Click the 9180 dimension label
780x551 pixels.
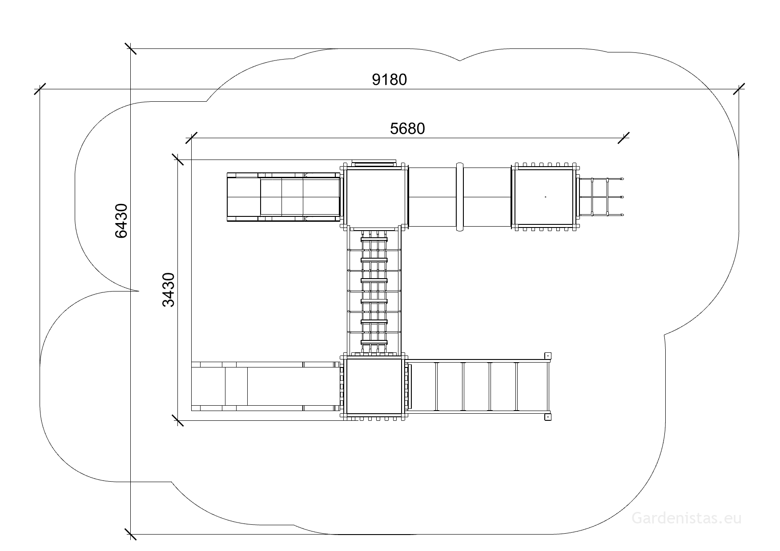pyautogui.click(x=390, y=80)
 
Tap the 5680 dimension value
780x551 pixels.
pyautogui.click(x=407, y=128)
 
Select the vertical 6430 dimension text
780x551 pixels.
pyautogui.click(x=121, y=220)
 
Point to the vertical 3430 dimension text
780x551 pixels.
pyautogui.click(x=169, y=290)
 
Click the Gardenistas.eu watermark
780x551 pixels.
pyautogui.click(x=687, y=518)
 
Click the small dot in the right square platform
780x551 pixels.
pyautogui.click(x=545, y=196)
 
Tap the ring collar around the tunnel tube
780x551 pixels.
pyautogui.click(x=460, y=197)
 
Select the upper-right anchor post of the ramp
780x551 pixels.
pyautogui.click(x=548, y=355)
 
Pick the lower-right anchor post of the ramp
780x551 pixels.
pyautogui.click(x=548, y=417)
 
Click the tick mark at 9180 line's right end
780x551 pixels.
pyautogui.click(x=739, y=89)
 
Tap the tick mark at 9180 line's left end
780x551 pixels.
pyautogui.click(x=40, y=89)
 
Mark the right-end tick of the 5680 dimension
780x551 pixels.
pyautogui.click(x=623, y=138)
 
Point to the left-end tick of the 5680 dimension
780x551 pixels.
pyautogui.click(x=191, y=138)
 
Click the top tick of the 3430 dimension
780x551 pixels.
pyautogui.click(x=177, y=160)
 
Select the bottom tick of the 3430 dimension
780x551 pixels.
pyautogui.click(x=177, y=420)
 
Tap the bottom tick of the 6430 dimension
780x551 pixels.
pyautogui.click(x=130, y=534)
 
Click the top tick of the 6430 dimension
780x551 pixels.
pyautogui.click(x=130, y=48)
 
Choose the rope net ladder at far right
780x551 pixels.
pyautogui.click(x=600, y=197)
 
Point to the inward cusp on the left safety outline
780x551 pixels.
pyautogui.click(x=138, y=291)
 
